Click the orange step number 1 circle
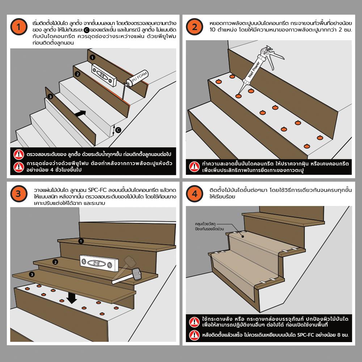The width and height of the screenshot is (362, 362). click(19, 27)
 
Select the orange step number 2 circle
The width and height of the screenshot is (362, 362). click(194, 27)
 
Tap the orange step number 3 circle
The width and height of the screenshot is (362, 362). click(19, 194)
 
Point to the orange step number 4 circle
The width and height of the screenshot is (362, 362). click(194, 194)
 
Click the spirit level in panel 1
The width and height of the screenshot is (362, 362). click(104, 75)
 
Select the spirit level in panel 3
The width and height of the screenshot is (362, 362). click(99, 264)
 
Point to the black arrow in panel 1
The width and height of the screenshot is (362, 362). click(80, 114)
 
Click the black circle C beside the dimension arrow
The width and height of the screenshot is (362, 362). click(118, 130)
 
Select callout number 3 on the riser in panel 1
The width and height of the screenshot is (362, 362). click(50, 97)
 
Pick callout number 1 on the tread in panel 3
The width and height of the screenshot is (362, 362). click(81, 241)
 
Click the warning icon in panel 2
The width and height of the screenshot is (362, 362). click(194, 167)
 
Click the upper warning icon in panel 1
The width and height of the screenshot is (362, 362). click(19, 155)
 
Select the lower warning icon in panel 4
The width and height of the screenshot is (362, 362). click(194, 335)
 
